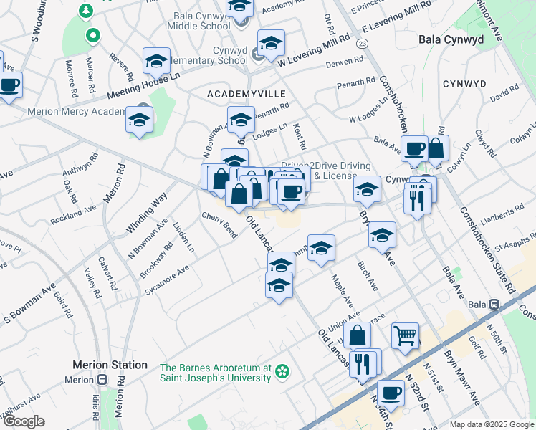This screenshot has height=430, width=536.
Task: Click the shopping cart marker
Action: pos(405,335)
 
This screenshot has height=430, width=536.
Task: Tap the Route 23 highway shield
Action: pos(363,44)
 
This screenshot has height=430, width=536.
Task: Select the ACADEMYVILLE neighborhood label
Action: pos(246,94)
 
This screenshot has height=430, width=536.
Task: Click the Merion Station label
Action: pos(110,365)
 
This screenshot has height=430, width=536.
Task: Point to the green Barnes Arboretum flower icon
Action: pos(283,371)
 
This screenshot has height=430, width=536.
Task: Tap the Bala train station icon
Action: pos(494,304)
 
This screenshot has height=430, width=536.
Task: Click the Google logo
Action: pos(24,421)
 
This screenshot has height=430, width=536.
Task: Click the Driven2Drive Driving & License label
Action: pos(319,171)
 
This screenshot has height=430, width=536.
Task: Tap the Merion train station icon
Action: pos(102,379)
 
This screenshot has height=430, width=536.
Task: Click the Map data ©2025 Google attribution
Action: pos(491,424)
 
